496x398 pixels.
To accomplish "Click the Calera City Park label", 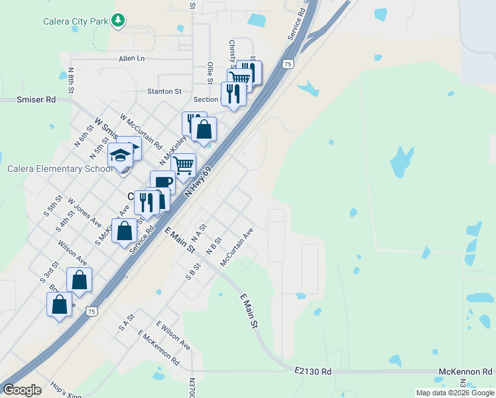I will (x=75, y=21).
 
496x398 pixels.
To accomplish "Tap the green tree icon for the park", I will (x=118, y=21).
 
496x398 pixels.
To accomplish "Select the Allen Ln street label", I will (x=131, y=58).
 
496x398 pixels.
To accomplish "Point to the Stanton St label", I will (x=164, y=92).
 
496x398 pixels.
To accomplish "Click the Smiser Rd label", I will (x=36, y=100).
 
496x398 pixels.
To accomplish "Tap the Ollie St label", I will (x=210, y=73).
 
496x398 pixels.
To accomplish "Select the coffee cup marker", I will (x=162, y=182).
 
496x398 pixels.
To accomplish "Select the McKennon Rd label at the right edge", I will (x=465, y=372).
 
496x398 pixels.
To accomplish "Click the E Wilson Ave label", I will (x=174, y=336).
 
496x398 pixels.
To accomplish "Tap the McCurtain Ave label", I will (x=237, y=247).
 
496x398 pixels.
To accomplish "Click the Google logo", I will (x=23, y=389).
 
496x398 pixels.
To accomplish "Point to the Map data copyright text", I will (x=455, y=393).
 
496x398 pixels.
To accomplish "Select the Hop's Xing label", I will (x=66, y=390).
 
